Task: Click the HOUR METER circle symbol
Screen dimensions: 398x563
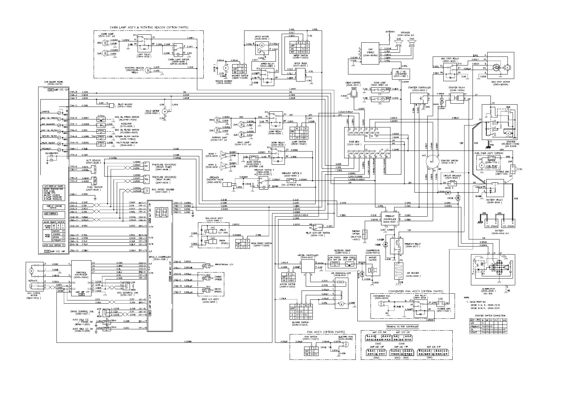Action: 165,111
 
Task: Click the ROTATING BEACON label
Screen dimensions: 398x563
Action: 135,68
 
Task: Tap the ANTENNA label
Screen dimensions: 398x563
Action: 390,32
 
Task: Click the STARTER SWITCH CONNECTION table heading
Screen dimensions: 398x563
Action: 488,316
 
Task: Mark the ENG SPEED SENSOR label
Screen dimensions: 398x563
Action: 163,190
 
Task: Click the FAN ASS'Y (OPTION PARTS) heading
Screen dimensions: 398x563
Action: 317,332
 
